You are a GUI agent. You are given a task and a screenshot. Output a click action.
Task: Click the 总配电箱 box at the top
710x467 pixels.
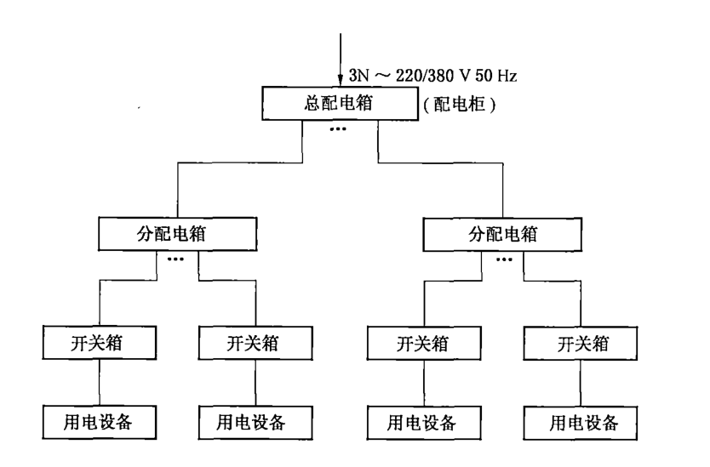(x=340, y=105)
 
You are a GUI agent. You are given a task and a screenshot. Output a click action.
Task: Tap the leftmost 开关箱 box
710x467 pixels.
(x=99, y=344)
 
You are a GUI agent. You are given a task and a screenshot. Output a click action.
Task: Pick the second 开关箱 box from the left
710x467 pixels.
(x=254, y=344)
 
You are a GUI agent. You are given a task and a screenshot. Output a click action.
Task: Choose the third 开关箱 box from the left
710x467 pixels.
(x=421, y=344)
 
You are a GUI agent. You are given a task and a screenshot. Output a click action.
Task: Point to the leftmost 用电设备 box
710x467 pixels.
(x=99, y=421)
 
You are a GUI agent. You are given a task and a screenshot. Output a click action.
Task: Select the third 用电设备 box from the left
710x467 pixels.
(x=421, y=421)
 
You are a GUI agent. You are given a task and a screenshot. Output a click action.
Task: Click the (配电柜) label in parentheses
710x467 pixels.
(x=459, y=106)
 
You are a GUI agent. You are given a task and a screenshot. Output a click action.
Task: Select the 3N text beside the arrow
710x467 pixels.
(x=359, y=76)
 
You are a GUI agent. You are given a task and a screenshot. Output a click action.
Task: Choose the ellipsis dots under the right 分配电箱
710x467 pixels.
(x=504, y=258)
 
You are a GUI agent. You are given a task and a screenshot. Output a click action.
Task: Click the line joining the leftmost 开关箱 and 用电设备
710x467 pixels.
(x=100, y=382)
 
